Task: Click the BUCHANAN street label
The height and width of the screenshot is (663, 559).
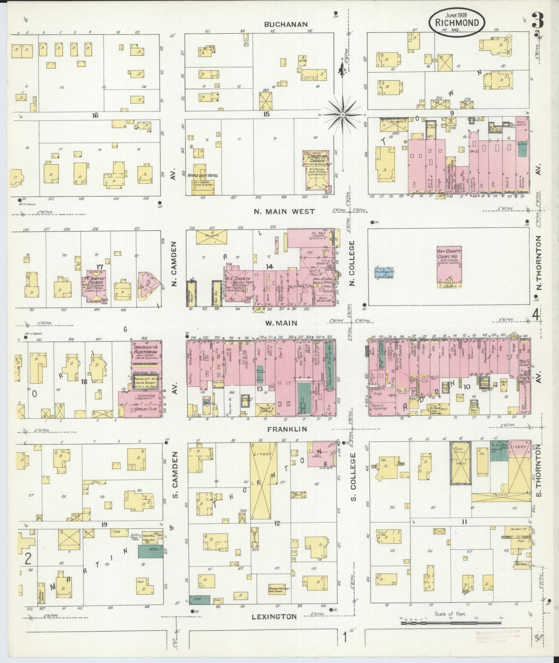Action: (286, 24)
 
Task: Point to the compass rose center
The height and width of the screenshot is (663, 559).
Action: (343, 115)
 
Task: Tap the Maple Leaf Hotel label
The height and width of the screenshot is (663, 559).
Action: (202, 176)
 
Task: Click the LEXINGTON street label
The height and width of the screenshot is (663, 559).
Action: (274, 617)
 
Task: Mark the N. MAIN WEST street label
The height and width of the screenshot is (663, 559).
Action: (284, 212)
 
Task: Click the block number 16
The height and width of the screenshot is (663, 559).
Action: (95, 115)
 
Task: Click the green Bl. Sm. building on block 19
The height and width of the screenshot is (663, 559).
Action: (145, 552)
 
